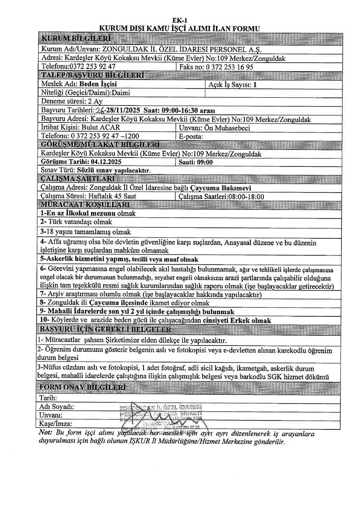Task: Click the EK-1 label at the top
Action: [180, 20]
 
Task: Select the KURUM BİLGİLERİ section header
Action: [76, 39]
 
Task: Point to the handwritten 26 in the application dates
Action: [100, 111]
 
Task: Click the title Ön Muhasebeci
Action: [233, 127]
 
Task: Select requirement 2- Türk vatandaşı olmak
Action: [76, 222]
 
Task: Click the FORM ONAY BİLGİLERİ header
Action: [82, 387]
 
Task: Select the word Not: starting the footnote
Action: [45, 434]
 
